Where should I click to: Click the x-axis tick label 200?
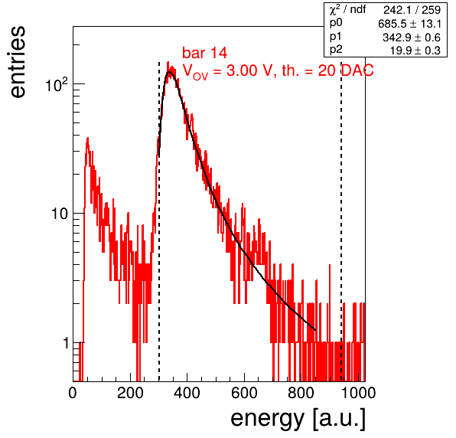(130, 393)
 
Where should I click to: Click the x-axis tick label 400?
(187, 393)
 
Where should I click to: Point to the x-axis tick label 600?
(244, 393)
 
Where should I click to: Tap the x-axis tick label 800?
(301, 393)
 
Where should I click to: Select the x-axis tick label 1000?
(358, 393)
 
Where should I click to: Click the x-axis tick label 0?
(73, 393)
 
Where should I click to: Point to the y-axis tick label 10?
(60, 214)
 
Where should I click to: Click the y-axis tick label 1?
(66, 343)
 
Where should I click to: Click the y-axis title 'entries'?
(18, 62)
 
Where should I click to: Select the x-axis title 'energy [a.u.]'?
(298, 419)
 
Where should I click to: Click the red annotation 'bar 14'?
(205, 53)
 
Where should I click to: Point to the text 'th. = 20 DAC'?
(327, 70)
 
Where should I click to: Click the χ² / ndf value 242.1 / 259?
(412, 10)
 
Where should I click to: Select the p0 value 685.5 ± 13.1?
(410, 24)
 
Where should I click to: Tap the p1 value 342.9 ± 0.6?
(412, 38)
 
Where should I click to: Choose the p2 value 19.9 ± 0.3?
(415, 51)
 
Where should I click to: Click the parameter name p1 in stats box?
(336, 38)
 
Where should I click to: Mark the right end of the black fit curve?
(315, 330)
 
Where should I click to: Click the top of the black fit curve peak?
(169, 71)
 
